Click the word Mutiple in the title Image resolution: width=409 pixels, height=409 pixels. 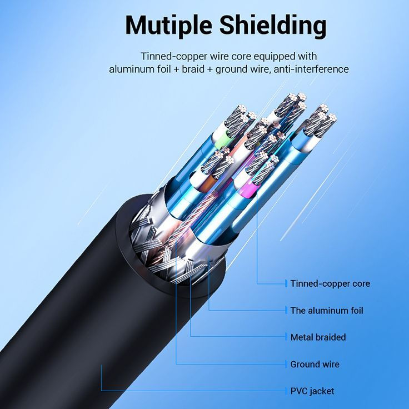click(168, 25)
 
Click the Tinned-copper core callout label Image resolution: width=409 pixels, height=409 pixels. click(330, 283)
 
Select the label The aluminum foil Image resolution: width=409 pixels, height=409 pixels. click(327, 310)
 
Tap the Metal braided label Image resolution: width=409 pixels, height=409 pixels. click(318, 337)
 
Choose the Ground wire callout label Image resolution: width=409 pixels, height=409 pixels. click(315, 364)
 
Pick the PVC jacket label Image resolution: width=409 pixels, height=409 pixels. click(312, 391)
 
